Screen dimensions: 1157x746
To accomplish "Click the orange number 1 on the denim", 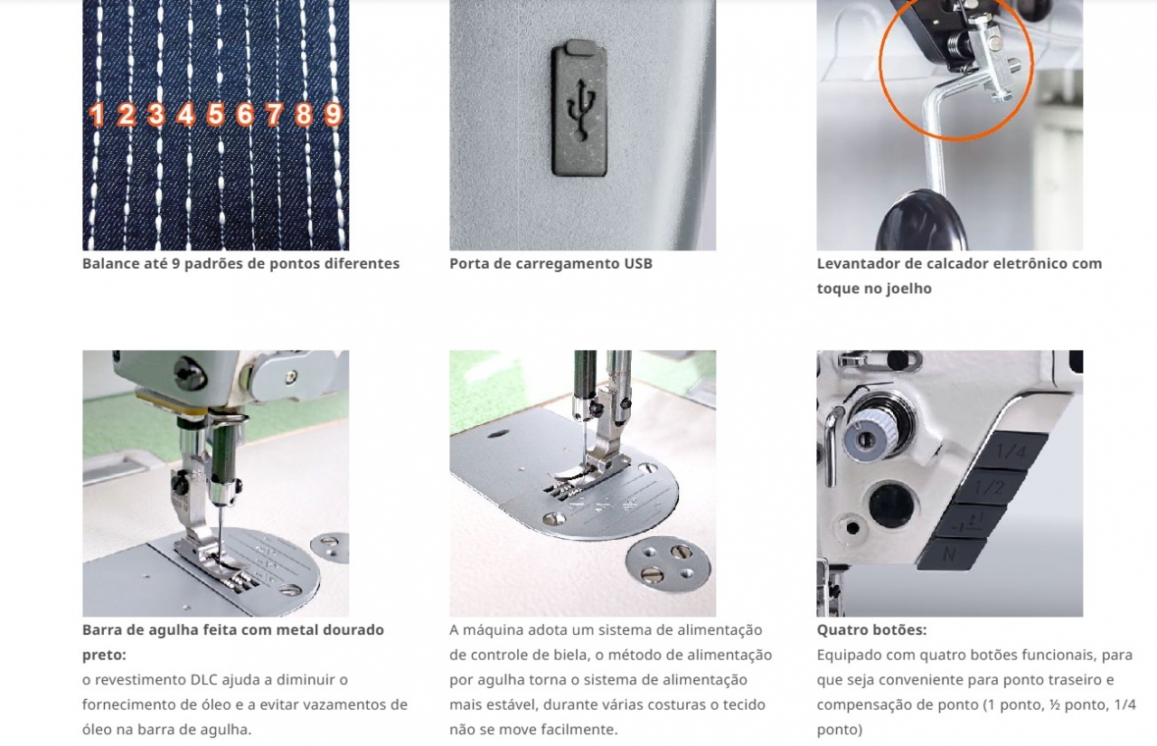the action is click(97, 114).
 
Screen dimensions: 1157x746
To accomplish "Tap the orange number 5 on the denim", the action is click(215, 114).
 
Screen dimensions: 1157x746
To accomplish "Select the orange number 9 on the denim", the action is click(334, 114).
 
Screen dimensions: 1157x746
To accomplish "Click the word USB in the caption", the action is click(638, 263).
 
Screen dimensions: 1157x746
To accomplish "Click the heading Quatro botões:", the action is click(872, 629).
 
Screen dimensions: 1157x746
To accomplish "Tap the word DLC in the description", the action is click(204, 679).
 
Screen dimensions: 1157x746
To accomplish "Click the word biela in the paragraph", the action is click(573, 655).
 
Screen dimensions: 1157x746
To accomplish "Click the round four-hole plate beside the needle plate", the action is click(668, 563).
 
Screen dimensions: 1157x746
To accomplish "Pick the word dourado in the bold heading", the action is click(356, 629).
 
